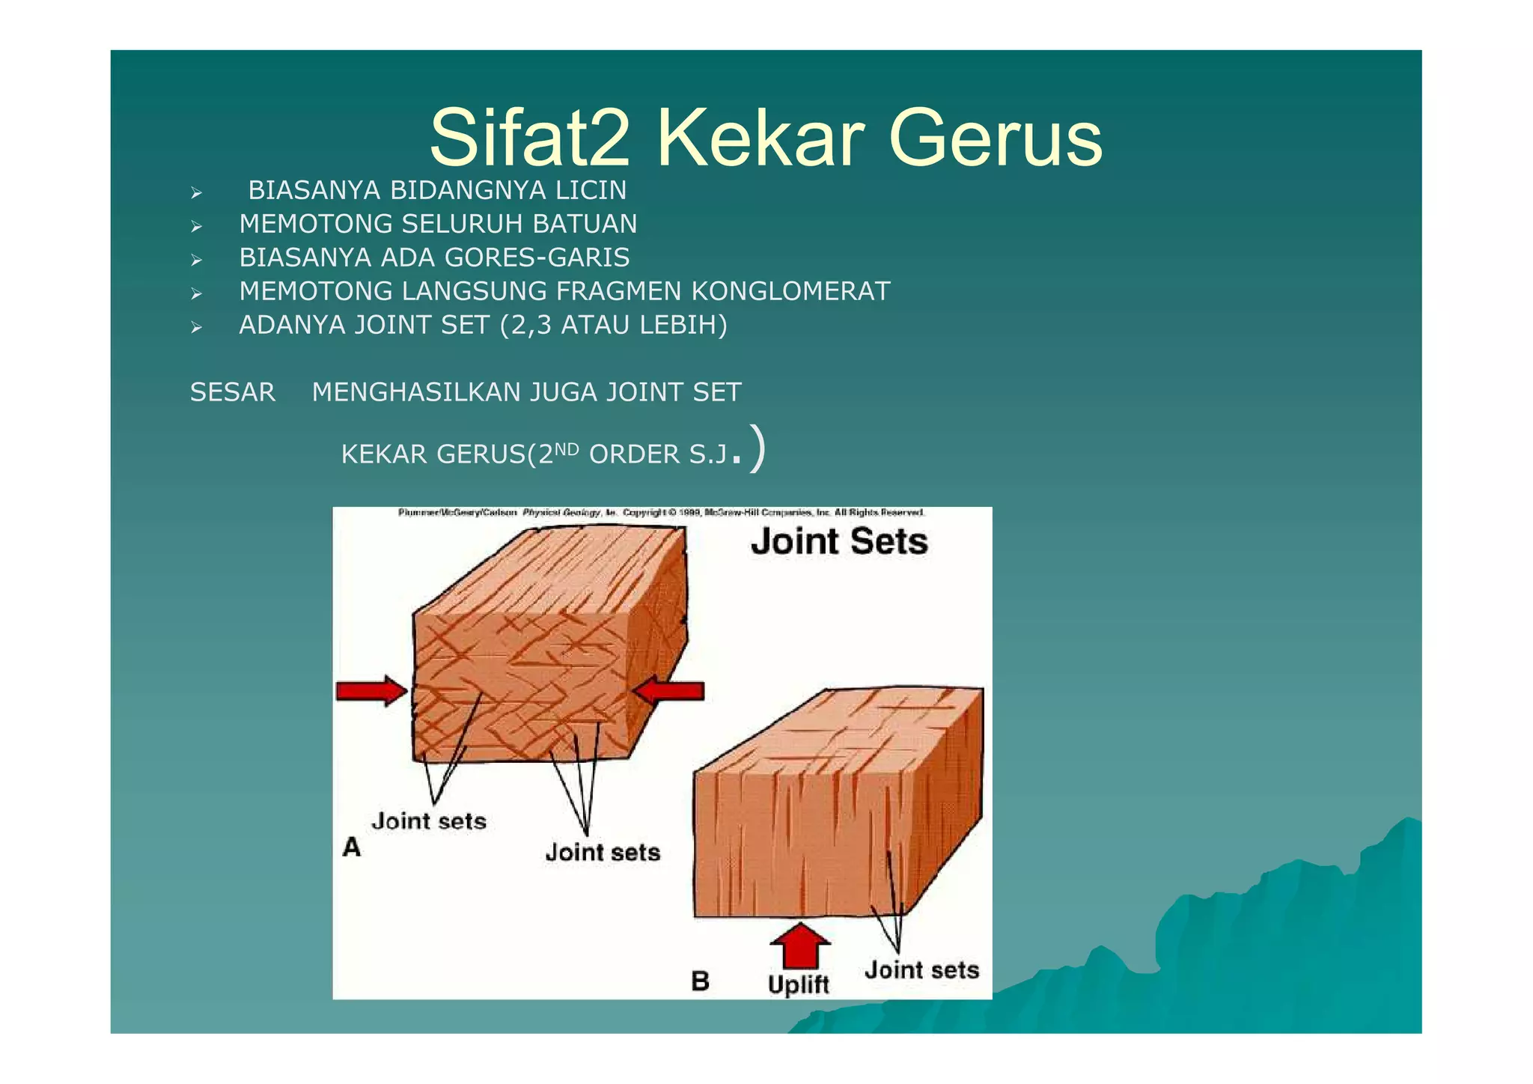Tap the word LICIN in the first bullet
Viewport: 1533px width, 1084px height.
(x=591, y=191)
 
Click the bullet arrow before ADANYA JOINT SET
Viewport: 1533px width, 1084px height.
(x=196, y=327)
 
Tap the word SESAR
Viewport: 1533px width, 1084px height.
(x=232, y=392)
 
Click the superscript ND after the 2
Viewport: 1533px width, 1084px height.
(x=567, y=449)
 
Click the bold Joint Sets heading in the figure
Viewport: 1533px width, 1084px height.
(x=838, y=541)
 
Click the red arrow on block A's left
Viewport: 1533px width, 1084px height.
(x=371, y=690)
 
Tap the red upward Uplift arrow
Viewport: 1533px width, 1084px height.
(x=799, y=945)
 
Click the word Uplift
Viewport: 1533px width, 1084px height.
(x=798, y=984)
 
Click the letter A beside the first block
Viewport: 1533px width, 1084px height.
(x=351, y=847)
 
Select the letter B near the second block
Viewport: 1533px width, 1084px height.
(x=700, y=981)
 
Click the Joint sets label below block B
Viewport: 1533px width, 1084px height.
(x=921, y=970)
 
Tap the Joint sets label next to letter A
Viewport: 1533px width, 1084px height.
(x=429, y=821)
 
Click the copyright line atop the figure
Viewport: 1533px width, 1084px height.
(x=661, y=513)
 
